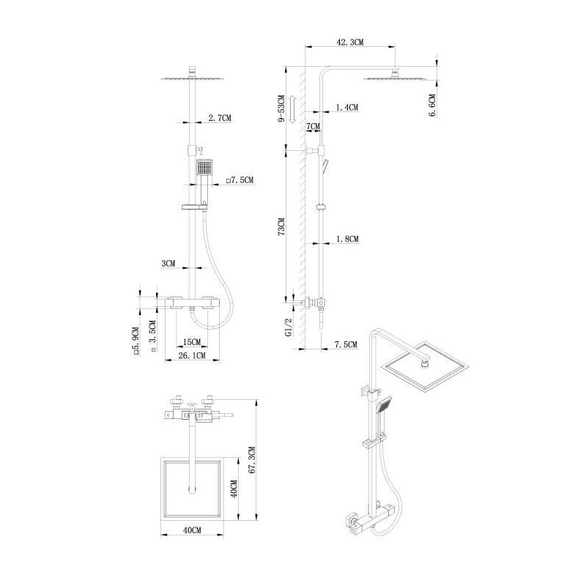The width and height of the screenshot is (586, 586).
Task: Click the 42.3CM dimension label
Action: point(350,42)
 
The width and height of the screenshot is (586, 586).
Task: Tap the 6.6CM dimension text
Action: point(432,105)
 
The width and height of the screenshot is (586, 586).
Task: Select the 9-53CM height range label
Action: point(281,108)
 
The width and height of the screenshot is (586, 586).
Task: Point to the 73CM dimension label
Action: point(281,226)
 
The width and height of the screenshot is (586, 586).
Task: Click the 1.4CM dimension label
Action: point(346,108)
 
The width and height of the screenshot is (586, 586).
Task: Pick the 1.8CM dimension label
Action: point(347,239)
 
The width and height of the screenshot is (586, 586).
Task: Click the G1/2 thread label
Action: point(289,327)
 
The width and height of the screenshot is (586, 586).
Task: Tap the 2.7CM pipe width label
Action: point(219,118)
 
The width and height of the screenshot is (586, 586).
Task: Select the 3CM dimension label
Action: point(168,264)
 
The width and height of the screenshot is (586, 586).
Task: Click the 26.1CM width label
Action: point(192,355)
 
